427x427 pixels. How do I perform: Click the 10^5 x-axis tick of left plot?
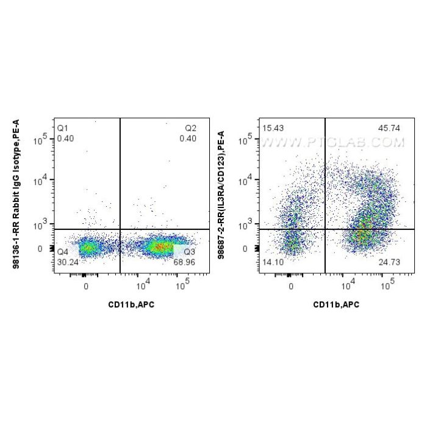point(185,285)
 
